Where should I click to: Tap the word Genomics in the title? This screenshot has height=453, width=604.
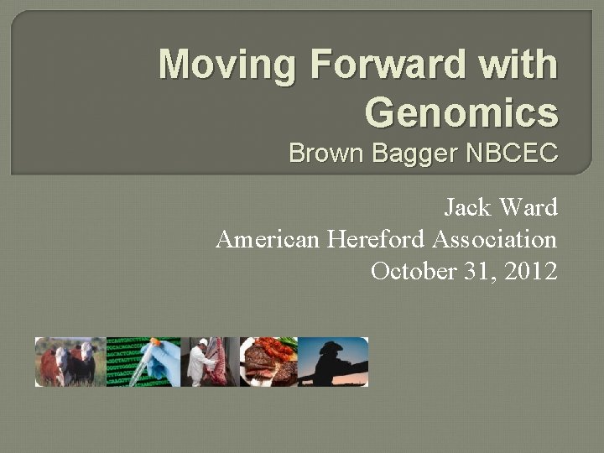pos(461,112)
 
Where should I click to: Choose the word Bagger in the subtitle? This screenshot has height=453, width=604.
pos(400,154)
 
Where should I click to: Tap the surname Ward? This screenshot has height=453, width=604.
pos(529,207)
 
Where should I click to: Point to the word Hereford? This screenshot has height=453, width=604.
pos(377,240)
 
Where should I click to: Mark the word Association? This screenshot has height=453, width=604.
pos(495,240)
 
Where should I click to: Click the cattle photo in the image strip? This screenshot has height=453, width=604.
pos(69,362)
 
